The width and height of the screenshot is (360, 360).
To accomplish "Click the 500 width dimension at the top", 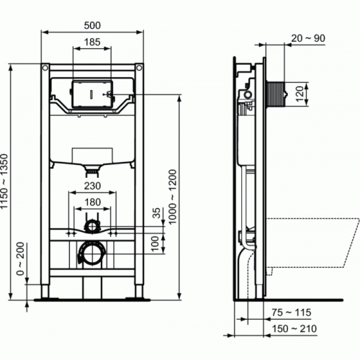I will coord(91,24).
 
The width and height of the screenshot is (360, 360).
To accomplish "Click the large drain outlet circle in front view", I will coord(90,254).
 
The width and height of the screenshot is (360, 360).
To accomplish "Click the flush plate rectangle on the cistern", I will coord(91,94).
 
